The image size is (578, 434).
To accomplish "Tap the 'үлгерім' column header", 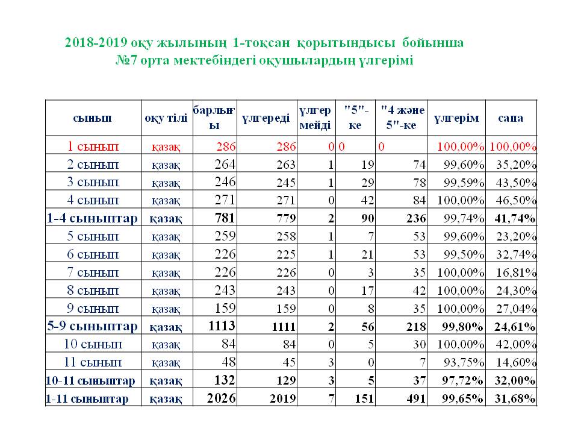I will click(x=457, y=118).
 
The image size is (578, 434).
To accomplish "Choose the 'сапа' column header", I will click(x=511, y=118).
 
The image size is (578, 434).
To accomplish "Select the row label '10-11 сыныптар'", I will click(x=91, y=381).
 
